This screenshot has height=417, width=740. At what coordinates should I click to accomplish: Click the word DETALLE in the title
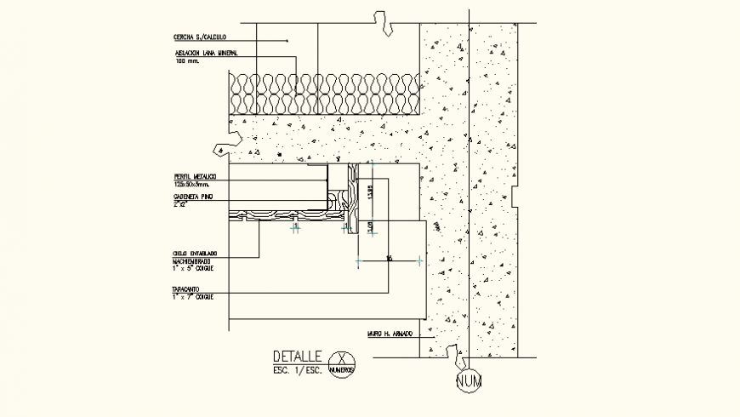point(297,357)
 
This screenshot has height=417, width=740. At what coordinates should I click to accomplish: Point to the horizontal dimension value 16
point(388,257)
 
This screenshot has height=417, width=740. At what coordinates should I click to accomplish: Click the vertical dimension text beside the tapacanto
point(371,194)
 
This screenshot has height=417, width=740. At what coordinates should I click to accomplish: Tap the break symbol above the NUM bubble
point(456,351)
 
